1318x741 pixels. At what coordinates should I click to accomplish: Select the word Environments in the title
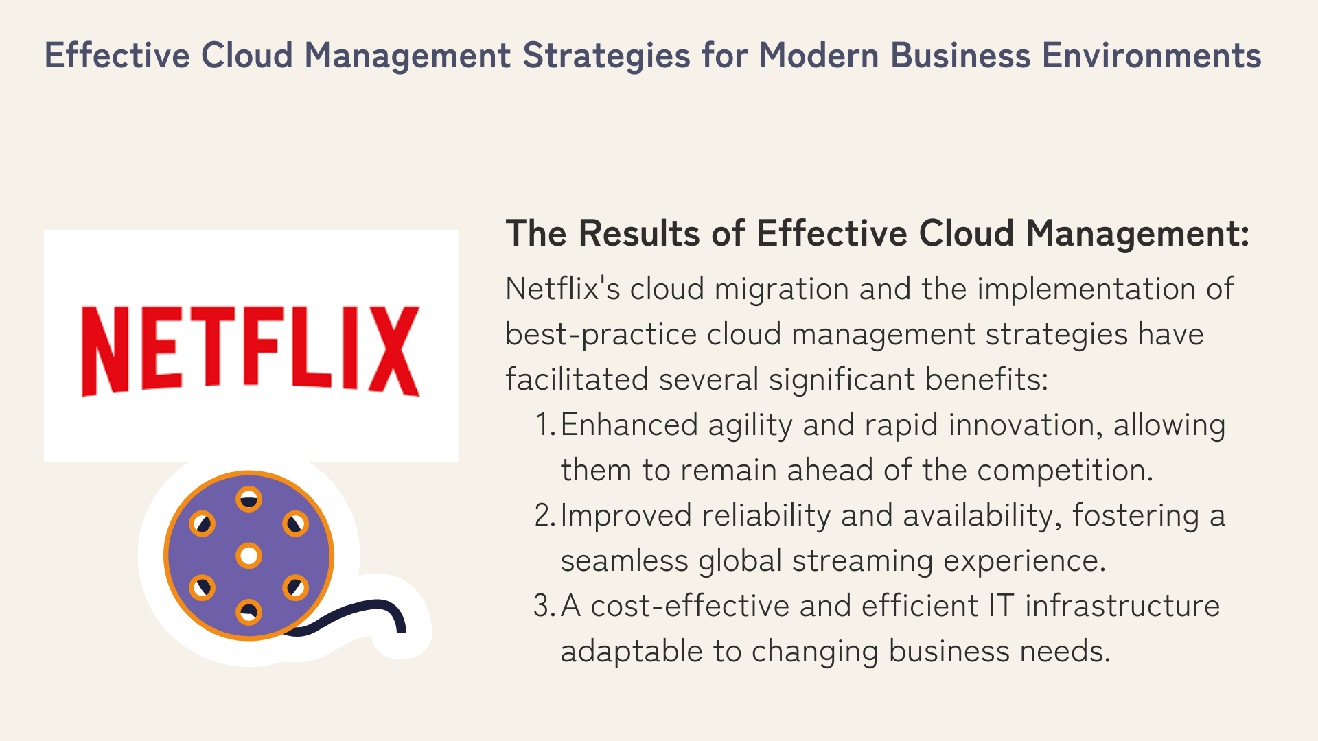point(1152,56)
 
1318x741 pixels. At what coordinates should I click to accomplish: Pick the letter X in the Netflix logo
point(393,351)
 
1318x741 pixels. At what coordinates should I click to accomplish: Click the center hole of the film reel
point(248,555)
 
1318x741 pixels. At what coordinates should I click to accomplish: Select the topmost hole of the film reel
point(248,499)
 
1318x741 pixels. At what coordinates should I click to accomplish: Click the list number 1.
point(545,425)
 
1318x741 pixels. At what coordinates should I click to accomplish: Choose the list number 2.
point(545,516)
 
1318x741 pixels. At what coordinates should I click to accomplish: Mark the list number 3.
point(545,607)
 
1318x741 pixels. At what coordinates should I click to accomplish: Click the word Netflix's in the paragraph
point(563,289)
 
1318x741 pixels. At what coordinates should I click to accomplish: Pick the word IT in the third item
point(1002,607)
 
